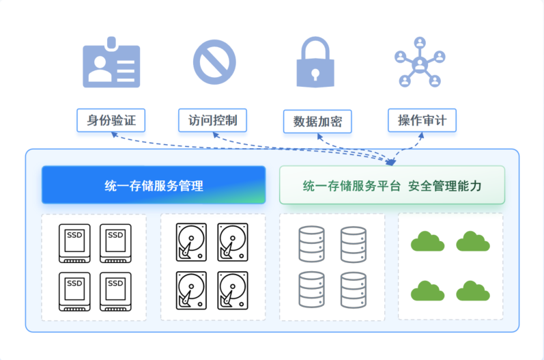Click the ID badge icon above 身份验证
tap(111, 66)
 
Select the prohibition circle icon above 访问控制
tap(214, 61)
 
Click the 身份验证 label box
tap(111, 121)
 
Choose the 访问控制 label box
tap(212, 121)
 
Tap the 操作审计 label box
tap(422, 121)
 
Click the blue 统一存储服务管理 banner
tap(154, 185)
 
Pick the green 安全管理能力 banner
tap(392, 185)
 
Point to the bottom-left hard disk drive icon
tap(191, 290)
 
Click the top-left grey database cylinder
tap(312, 244)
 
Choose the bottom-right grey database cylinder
tap(354, 290)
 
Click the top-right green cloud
tap(473, 241)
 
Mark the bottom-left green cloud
tap(428, 290)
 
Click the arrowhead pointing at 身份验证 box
tap(114, 135)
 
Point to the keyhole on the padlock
tap(315, 72)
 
